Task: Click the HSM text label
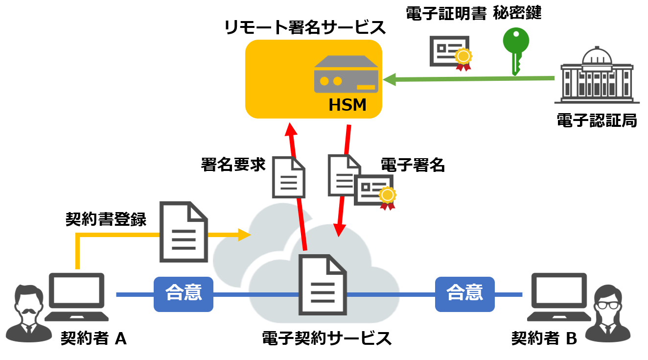tap(347, 105)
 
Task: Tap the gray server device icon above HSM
tap(346, 74)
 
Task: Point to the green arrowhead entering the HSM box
tap(389, 79)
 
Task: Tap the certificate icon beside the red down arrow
tap(374, 191)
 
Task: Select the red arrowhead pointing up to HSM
tap(291, 129)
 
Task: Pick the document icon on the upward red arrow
tap(289, 177)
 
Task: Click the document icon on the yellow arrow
tap(184, 232)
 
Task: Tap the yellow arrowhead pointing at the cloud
tap(244, 235)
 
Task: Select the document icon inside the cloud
tap(323, 285)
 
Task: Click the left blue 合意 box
tap(184, 294)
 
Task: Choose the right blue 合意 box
tap(464, 294)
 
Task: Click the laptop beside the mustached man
tap(77, 297)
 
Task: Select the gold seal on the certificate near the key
tap(463, 56)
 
